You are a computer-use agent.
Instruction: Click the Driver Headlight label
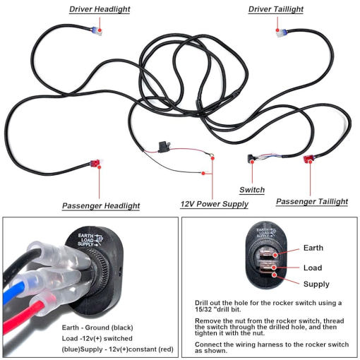tap(100, 9)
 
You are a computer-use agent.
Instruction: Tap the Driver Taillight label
tap(276, 9)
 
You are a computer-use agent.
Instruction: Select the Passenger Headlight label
tap(101, 205)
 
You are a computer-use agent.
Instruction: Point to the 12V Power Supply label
tap(215, 204)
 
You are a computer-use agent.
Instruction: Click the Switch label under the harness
tap(252, 190)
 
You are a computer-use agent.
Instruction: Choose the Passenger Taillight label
tap(312, 201)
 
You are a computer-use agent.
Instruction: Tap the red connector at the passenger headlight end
tap(95, 162)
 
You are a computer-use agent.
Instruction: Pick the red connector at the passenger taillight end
tap(308, 159)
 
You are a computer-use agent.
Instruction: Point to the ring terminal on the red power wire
tap(211, 155)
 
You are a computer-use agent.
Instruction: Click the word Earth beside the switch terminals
tap(313, 248)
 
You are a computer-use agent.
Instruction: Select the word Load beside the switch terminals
tap(313, 268)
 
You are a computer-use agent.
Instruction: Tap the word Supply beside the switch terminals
tap(316, 284)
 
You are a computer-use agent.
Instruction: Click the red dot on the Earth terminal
tap(275, 255)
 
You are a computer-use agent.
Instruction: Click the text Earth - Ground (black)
tap(97, 328)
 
